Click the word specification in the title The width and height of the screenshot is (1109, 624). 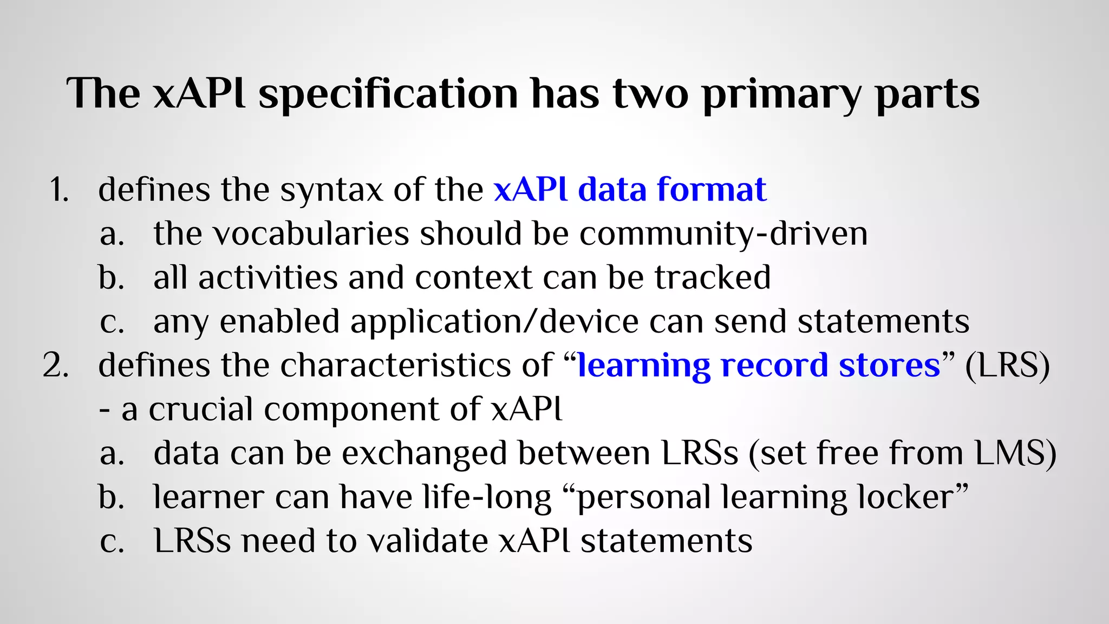click(388, 94)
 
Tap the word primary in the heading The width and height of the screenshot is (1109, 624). click(781, 94)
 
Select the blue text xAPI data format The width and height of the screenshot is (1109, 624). click(630, 190)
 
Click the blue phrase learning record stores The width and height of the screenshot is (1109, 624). click(759, 365)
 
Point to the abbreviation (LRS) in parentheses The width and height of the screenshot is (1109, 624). click(1007, 365)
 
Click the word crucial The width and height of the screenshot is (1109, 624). click(200, 409)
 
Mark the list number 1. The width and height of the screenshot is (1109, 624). click(58, 190)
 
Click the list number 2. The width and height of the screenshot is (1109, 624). click(56, 366)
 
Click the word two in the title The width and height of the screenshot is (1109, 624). click(650, 94)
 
